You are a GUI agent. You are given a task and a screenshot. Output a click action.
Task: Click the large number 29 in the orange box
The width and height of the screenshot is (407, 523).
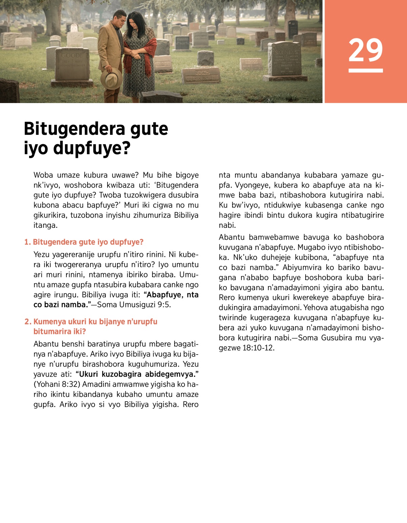click(x=366, y=50)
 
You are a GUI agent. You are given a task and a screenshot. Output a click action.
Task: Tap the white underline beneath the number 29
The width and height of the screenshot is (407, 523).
click(x=366, y=71)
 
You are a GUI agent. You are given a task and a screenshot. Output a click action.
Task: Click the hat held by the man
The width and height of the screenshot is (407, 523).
click(x=111, y=78)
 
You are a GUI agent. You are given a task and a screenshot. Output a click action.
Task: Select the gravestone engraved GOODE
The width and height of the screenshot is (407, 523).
click(x=72, y=64)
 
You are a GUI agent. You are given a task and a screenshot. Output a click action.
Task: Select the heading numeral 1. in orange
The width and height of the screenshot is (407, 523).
click(x=27, y=242)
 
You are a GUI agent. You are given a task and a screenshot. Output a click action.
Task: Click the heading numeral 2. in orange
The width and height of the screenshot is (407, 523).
click(x=28, y=321)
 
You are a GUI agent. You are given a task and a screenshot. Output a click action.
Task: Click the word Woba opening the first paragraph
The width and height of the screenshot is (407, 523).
click(x=43, y=175)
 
